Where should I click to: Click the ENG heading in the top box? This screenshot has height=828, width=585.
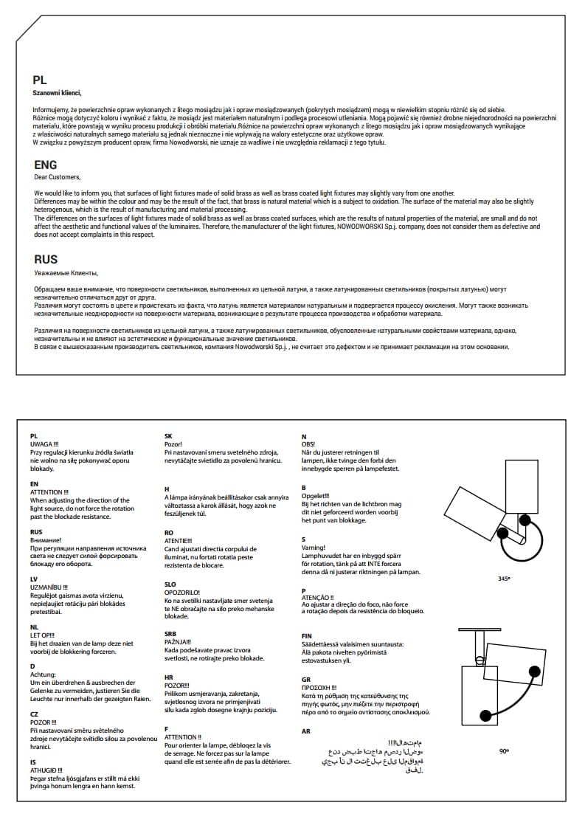(x=46, y=165)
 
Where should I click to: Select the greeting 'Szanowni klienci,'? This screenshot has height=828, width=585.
(x=58, y=93)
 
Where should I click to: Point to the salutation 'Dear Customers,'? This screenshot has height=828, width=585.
(x=58, y=177)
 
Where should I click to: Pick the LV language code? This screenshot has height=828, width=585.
(x=35, y=580)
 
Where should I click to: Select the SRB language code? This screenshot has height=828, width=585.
(x=171, y=633)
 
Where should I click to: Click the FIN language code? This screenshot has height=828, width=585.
(x=307, y=635)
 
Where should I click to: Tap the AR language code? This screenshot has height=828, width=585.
(x=306, y=731)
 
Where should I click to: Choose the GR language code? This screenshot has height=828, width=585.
(x=306, y=679)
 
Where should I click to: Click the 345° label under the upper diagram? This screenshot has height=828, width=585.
(x=504, y=579)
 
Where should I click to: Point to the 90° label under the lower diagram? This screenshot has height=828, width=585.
(x=504, y=751)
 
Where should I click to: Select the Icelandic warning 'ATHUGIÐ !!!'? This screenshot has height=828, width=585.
(x=46, y=770)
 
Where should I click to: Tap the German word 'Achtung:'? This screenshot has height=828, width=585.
(x=43, y=675)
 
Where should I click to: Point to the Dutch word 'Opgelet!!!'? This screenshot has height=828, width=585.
(x=316, y=496)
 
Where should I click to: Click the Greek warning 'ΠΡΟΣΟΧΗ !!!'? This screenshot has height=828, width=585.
(x=319, y=687)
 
